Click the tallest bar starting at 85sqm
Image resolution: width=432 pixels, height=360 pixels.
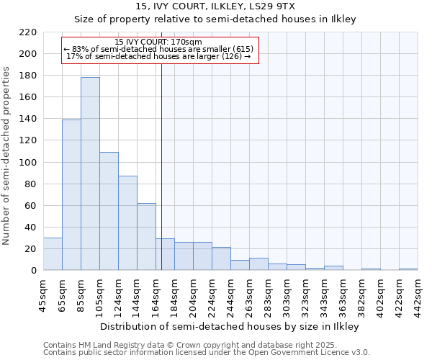pos(90,174)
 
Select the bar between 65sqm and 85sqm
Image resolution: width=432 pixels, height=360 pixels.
pos(71,194)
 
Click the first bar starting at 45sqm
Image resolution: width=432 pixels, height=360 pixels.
pos(53,254)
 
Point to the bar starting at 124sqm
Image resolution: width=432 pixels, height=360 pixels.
pos(127,223)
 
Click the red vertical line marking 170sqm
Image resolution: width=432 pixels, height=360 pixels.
pos(161,166)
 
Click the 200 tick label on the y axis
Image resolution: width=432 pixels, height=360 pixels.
pos(28,54)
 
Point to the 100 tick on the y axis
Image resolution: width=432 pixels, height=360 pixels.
pos(28,162)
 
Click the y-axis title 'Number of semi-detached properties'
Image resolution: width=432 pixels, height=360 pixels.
pos(7,156)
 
